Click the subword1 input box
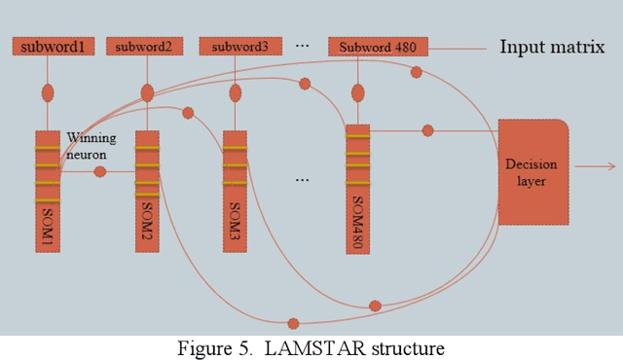53,46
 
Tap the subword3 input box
233,46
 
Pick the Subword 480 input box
378,46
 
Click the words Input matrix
552,46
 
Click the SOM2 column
147,192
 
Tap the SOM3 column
235,192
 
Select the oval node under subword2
147,92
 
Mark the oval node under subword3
235,94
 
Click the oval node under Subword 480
357,93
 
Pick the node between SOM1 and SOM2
99,172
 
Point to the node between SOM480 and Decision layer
427,129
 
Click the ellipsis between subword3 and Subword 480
302,45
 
